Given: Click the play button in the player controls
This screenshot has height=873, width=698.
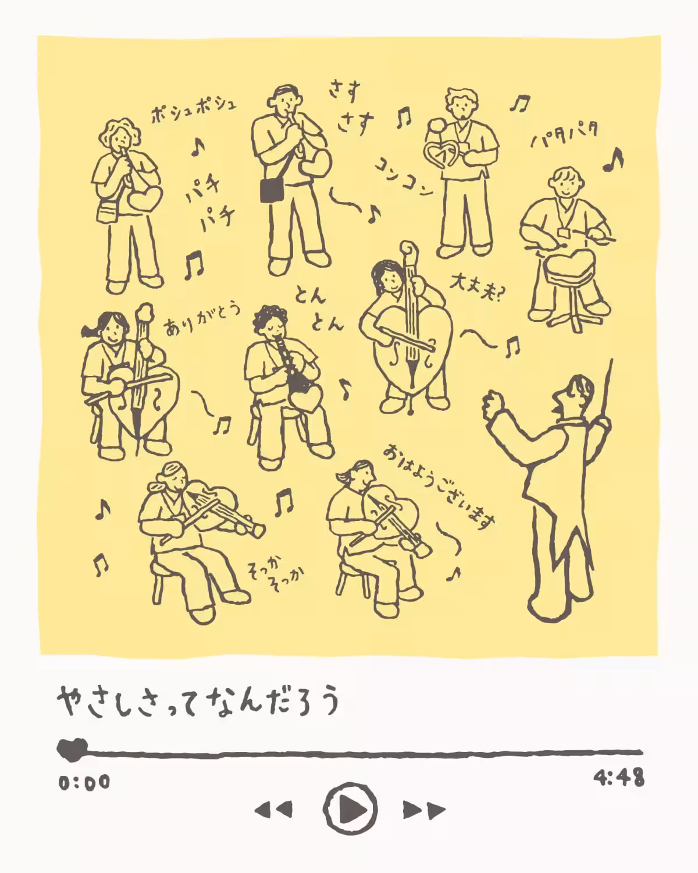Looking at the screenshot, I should click(350, 808).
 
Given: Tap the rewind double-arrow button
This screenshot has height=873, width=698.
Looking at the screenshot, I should click(273, 809).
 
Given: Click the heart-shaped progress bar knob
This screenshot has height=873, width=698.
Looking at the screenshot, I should click(72, 749).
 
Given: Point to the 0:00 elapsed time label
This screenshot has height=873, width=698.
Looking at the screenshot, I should click(84, 782).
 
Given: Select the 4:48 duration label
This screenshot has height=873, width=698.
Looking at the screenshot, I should click(619, 778).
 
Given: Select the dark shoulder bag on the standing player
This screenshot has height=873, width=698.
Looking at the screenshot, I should click(270, 190).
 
